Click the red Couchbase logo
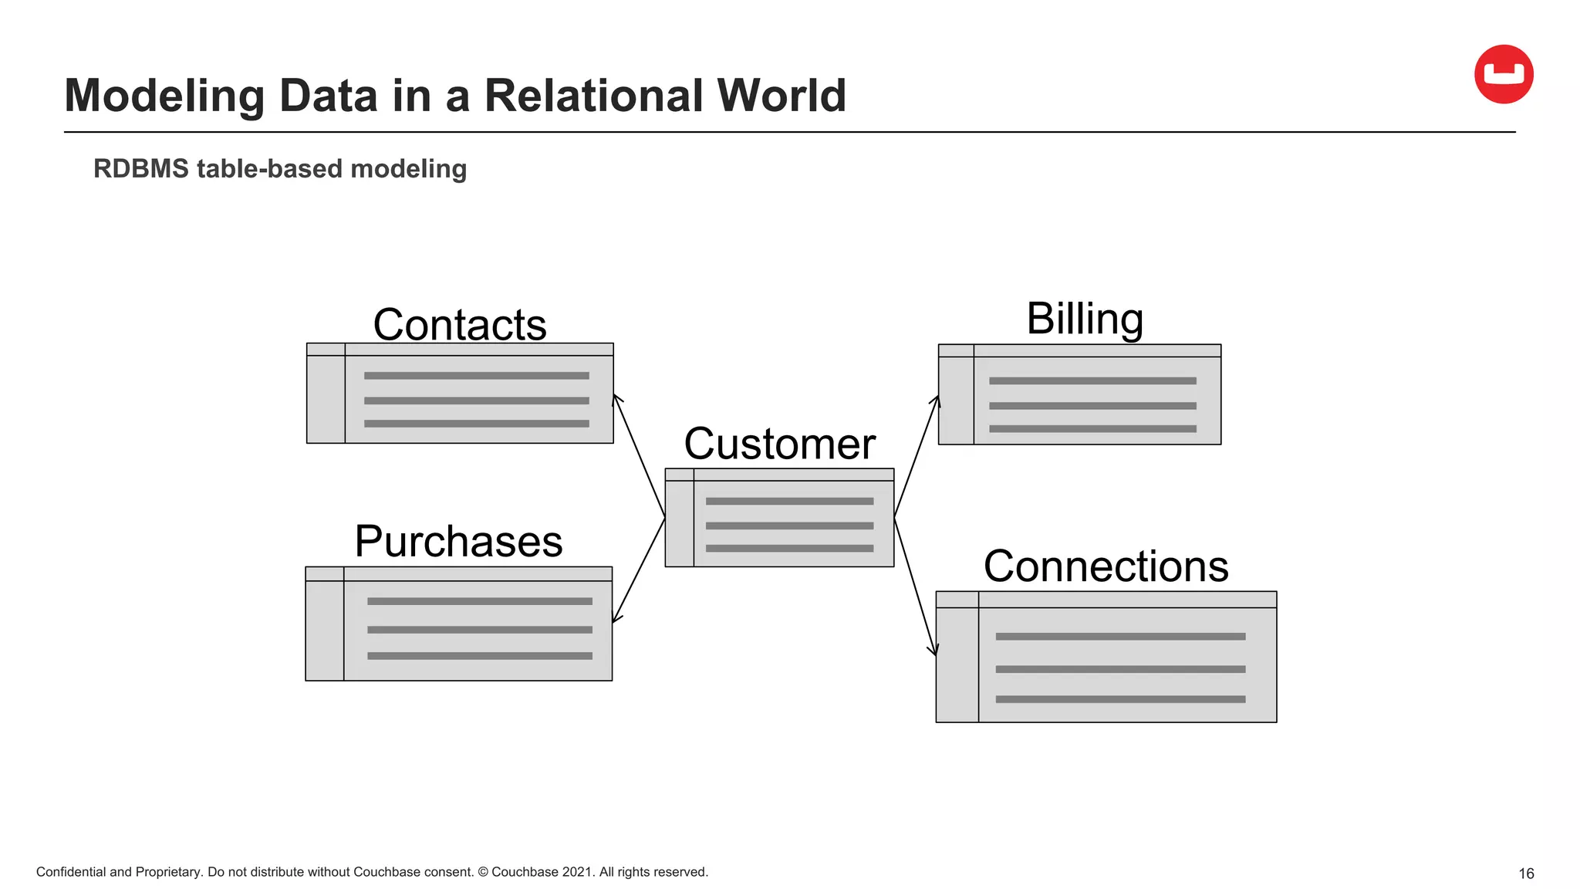click(1503, 74)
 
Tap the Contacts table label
click(460, 324)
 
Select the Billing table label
click(1085, 318)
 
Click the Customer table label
click(779, 444)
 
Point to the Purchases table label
click(458, 541)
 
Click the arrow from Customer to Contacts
click(639, 455)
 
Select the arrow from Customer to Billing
click(917, 455)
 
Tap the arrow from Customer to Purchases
click(639, 570)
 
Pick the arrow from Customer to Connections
click(915, 586)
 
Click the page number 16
click(1525, 874)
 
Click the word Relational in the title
click(592, 96)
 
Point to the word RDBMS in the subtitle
click(140, 168)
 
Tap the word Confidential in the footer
click(71, 872)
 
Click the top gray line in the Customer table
click(789, 501)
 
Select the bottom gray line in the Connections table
click(1120, 699)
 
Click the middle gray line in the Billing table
click(1092, 405)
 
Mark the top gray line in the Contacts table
click(476, 376)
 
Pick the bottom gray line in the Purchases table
click(479, 656)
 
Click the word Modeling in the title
click(165, 96)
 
